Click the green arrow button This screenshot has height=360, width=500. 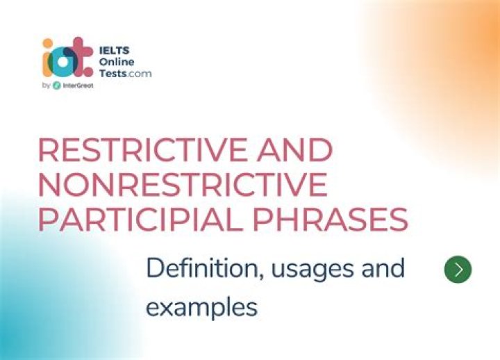click(x=457, y=270)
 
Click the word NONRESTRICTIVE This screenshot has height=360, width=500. click(x=183, y=186)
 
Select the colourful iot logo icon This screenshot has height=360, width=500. click(x=67, y=60)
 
